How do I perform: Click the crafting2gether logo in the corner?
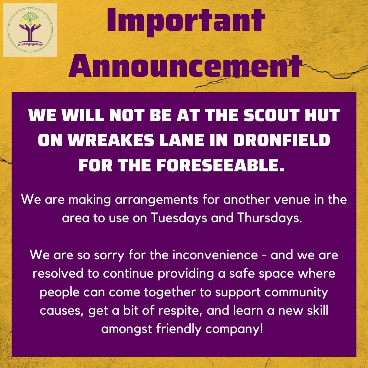pos(30,30)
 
